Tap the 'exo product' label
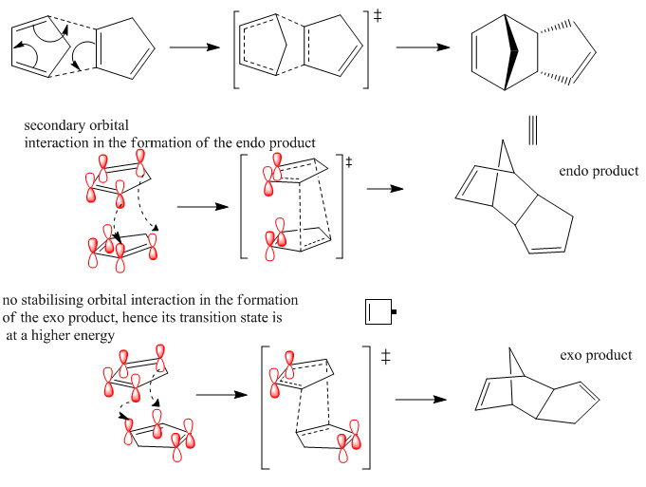[597, 355]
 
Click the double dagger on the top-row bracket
[378, 18]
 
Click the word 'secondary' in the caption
[55, 125]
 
